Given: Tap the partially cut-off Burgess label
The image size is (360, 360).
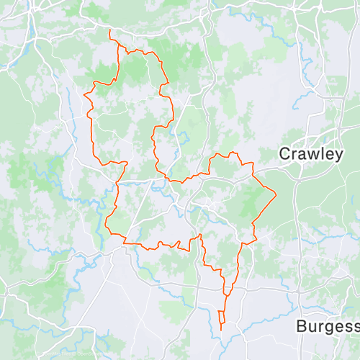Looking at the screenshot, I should (328, 326).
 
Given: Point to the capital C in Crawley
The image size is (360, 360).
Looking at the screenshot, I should (285, 154).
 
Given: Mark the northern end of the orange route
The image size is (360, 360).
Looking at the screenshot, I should (109, 31).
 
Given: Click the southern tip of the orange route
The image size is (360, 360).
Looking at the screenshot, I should (221, 330).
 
